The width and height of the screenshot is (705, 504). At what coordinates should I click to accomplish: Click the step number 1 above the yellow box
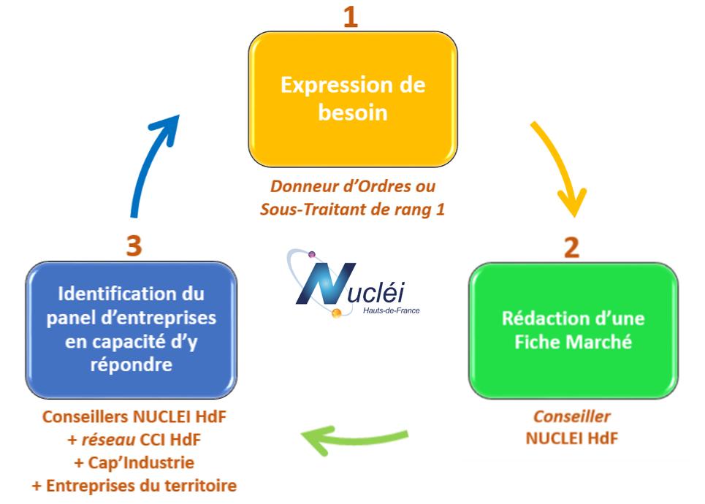351,15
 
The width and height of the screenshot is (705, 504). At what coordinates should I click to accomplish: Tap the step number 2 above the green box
571,247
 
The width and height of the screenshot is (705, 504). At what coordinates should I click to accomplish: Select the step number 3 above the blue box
133,245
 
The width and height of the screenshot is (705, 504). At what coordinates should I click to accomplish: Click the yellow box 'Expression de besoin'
353,99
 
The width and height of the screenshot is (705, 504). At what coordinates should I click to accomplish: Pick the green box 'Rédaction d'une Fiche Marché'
573,330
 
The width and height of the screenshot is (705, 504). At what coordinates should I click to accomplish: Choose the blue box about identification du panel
132,329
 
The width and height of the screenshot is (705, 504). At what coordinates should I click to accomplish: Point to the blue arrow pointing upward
152,164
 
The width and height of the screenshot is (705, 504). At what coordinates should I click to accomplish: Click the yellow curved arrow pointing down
560,168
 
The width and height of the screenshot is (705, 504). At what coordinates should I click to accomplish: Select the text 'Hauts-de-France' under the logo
392,310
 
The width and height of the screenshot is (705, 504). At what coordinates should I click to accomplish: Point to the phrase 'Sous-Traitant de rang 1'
353,210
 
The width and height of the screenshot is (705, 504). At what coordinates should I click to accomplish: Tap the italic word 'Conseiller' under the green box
572,416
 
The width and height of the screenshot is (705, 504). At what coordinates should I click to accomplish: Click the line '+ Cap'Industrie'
134,463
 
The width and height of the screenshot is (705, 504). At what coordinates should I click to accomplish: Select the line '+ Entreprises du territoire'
134,486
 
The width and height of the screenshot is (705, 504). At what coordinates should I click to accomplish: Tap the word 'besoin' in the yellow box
353,113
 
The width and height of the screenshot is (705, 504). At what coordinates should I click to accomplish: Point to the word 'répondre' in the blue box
132,364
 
